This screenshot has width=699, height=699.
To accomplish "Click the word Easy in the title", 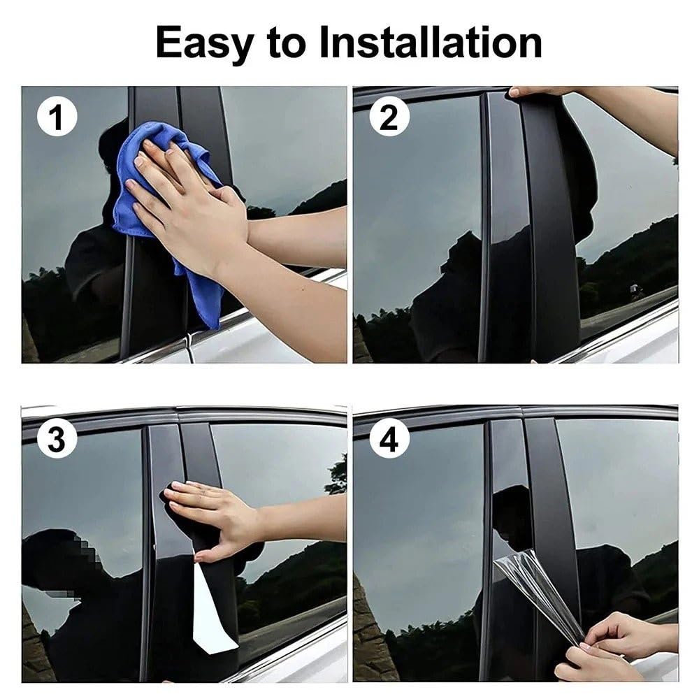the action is (x=206, y=43).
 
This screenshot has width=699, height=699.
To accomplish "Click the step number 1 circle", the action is (x=57, y=116).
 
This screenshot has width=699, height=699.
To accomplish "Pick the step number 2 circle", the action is (x=389, y=117).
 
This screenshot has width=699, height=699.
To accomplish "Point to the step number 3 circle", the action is (x=57, y=439).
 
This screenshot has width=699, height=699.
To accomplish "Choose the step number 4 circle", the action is (x=389, y=439).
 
